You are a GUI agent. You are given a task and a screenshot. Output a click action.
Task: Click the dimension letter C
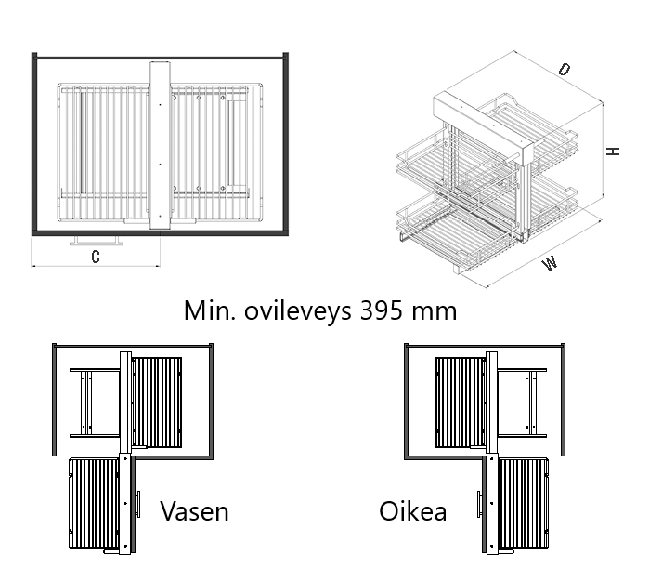pyautogui.click(x=96, y=256)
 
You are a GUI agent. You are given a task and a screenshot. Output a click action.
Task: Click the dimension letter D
pyautogui.click(x=564, y=70)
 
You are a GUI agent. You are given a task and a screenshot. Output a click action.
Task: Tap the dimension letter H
pyautogui.click(x=613, y=151)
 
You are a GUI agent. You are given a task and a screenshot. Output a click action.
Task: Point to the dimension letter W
pyautogui.click(x=552, y=263)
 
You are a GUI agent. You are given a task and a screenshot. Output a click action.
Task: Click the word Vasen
pyautogui.click(x=194, y=510)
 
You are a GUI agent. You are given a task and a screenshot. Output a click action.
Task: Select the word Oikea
pyautogui.click(x=412, y=510)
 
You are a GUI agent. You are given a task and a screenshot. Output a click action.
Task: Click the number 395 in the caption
pyautogui.click(x=381, y=310)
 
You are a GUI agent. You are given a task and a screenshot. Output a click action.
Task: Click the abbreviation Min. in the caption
pyautogui.click(x=209, y=310)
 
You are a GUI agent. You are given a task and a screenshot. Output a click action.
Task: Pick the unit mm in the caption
pyautogui.click(x=434, y=310)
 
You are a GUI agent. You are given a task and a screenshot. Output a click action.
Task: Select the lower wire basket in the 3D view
pyautogui.click(x=464, y=223)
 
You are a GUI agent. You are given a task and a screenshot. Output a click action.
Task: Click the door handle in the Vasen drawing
pyautogui.click(x=137, y=504)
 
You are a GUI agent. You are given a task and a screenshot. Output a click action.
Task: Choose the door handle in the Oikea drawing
pyautogui.click(x=479, y=504)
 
